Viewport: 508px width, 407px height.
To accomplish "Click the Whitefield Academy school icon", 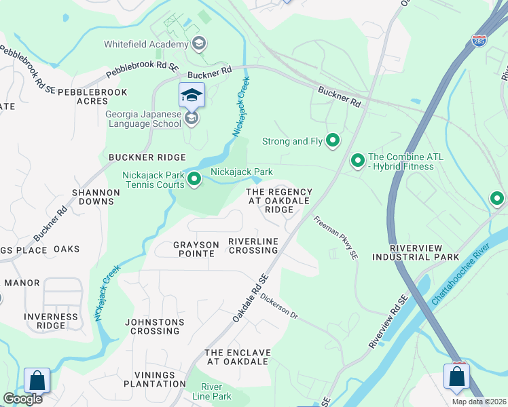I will click(199, 45).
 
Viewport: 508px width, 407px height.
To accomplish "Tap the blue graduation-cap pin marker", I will click(192, 95).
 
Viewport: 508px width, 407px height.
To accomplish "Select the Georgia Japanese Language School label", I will click(143, 119).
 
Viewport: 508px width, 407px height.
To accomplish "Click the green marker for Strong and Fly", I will click(333, 141).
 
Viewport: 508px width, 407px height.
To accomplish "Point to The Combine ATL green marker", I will click(357, 161).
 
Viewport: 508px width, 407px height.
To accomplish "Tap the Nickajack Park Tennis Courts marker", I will click(194, 180).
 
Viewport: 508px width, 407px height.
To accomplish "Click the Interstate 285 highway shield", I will click(479, 41).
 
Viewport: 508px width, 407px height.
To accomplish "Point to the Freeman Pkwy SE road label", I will click(335, 238).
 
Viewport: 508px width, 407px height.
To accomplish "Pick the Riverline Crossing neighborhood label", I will click(253, 246).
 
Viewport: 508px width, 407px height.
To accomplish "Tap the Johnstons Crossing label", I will click(155, 326).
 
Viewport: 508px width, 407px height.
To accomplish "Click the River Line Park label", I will click(211, 391).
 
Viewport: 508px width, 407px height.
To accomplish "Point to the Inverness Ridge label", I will click(51, 321).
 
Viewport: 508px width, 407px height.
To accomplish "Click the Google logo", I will click(22, 399).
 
